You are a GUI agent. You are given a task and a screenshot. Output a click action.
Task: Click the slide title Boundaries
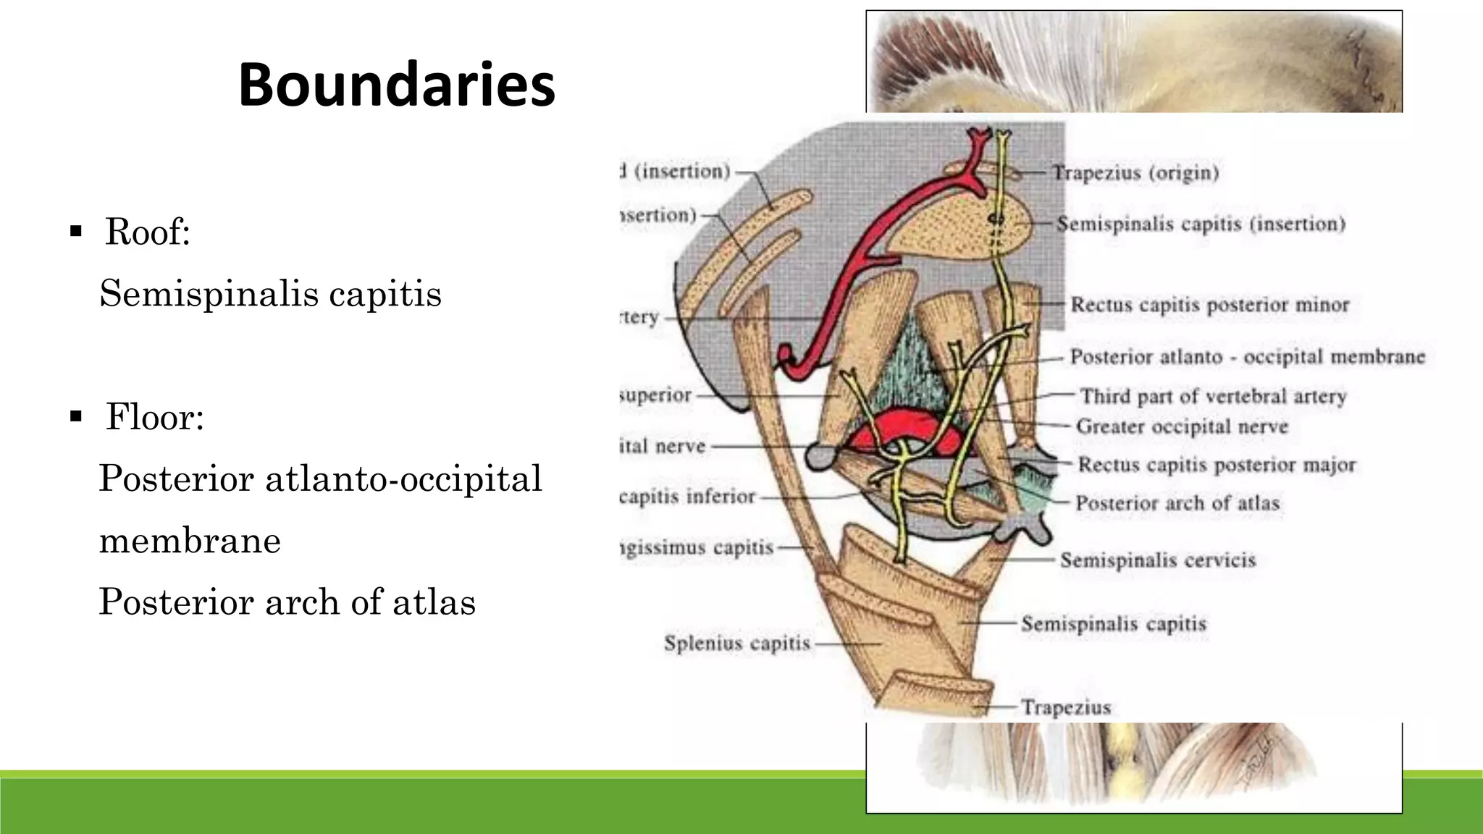pyautogui.click(x=397, y=85)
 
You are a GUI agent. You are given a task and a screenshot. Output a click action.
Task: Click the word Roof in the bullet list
pyautogui.click(x=147, y=232)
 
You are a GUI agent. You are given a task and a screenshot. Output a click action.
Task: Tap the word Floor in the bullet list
pyautogui.click(x=154, y=416)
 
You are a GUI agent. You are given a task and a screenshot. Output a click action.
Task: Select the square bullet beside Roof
pyautogui.click(x=75, y=232)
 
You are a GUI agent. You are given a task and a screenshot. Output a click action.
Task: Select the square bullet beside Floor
pyautogui.click(x=75, y=416)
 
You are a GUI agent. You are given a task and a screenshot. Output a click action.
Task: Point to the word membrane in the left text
pyautogui.click(x=190, y=541)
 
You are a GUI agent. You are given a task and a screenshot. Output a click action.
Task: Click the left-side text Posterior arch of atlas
pyautogui.click(x=287, y=602)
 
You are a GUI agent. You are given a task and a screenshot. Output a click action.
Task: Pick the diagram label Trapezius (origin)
pyautogui.click(x=1135, y=173)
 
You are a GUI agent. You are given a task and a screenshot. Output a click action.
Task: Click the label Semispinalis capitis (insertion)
pyautogui.click(x=1201, y=224)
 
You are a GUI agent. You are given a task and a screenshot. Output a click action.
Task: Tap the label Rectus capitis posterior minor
pyautogui.click(x=1209, y=305)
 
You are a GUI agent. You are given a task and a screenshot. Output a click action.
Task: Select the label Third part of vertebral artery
pyautogui.click(x=1213, y=396)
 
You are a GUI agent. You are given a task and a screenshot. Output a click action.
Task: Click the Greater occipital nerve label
pyautogui.click(x=1182, y=426)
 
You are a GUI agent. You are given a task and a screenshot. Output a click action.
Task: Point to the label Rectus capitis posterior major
pyautogui.click(x=1217, y=465)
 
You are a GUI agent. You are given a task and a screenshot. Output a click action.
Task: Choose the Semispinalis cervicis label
pyautogui.click(x=1158, y=560)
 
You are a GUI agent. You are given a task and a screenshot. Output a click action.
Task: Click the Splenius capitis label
pyautogui.click(x=736, y=643)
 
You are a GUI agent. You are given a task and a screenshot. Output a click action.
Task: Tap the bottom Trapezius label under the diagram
pyautogui.click(x=1066, y=707)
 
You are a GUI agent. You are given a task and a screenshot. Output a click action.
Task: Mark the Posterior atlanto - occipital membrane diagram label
pyautogui.click(x=1247, y=357)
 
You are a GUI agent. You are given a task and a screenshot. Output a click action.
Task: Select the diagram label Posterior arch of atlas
pyautogui.click(x=1177, y=503)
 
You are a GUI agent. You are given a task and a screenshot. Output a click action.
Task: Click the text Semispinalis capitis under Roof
pyautogui.click(x=270, y=294)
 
